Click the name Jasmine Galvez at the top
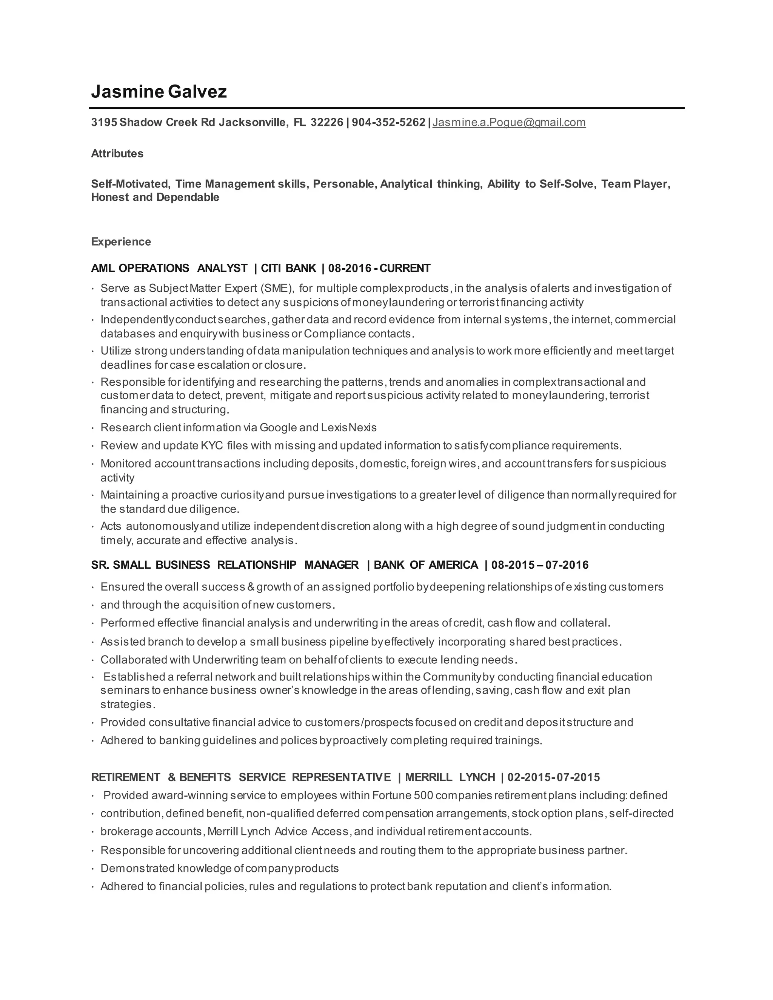click(x=159, y=92)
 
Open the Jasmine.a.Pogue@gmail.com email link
click(x=509, y=122)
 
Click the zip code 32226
click(x=326, y=122)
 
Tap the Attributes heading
click(x=117, y=153)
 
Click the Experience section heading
click(x=121, y=241)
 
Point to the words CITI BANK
click(x=288, y=268)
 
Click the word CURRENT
click(x=405, y=268)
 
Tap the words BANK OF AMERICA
click(x=426, y=565)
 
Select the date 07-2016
click(x=567, y=565)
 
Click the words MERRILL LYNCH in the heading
click(x=450, y=777)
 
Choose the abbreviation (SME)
click(x=277, y=288)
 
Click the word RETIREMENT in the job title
click(x=125, y=777)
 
